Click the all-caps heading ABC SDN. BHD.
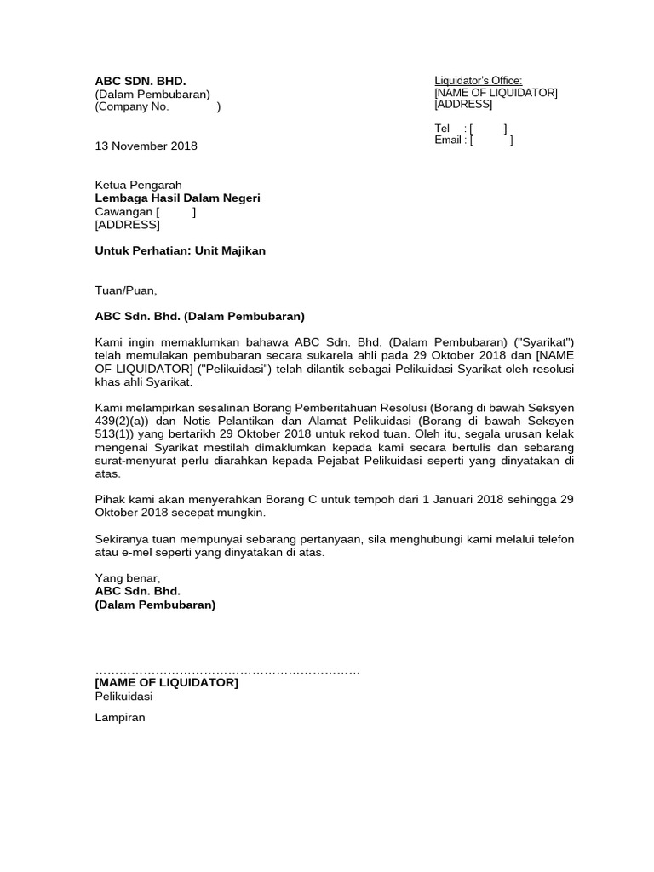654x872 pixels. tap(140, 81)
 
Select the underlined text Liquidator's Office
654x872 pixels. tap(478, 80)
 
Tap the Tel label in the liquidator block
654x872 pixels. tap(442, 129)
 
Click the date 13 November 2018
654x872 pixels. tap(146, 146)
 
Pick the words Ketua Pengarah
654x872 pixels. tap(138, 185)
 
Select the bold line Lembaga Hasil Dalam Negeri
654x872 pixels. tap(177, 198)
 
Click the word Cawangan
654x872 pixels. tap(123, 212)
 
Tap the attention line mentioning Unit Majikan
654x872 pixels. tap(180, 251)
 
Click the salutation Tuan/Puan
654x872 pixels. tap(126, 290)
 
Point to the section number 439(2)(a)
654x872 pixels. tap(126, 422)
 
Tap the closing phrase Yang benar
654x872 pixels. tap(128, 578)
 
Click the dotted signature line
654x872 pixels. tap(227, 672)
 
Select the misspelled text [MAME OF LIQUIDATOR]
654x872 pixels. tap(166, 683)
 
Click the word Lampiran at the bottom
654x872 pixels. tap(120, 718)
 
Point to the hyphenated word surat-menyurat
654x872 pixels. tap(141, 461)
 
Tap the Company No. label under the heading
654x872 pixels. tap(132, 107)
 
